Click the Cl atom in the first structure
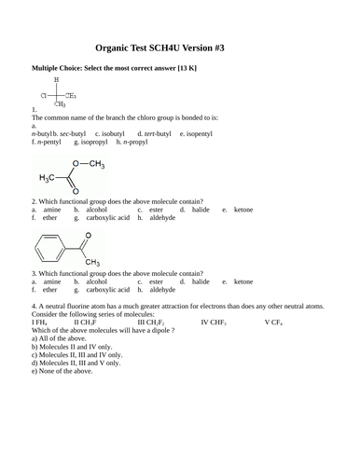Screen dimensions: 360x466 pyautogui.click(x=44, y=95)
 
